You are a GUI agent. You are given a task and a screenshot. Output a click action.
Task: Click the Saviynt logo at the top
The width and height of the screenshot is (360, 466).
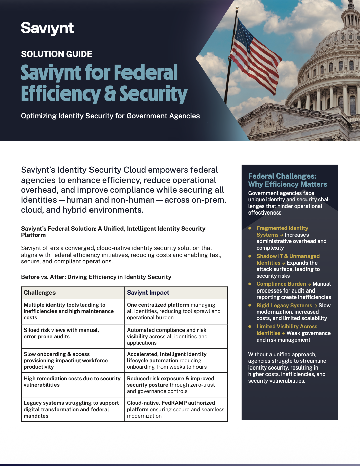point(47,28)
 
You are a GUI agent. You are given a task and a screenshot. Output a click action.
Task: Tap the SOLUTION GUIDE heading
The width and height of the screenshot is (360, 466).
point(57,54)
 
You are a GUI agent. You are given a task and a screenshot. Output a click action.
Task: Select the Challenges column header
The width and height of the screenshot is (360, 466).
point(40,293)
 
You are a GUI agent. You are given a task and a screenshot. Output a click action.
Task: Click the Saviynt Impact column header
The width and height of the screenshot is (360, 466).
point(148,293)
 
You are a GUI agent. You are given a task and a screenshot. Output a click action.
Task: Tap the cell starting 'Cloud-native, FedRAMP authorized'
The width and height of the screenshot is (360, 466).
point(176,409)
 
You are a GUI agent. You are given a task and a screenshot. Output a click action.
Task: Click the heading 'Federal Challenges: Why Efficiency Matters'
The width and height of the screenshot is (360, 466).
point(287,180)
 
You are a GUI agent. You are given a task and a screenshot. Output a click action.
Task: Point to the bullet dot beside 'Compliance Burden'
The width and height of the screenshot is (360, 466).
point(250,284)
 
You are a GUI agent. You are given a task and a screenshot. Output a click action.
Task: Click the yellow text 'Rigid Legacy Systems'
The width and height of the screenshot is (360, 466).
point(284,305)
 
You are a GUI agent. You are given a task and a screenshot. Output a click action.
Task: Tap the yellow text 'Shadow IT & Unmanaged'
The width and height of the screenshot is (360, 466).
point(288,256)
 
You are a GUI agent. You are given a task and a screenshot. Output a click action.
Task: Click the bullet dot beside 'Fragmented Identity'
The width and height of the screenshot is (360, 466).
point(250,228)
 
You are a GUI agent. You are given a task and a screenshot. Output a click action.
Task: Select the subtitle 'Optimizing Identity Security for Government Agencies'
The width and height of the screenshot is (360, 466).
point(110,116)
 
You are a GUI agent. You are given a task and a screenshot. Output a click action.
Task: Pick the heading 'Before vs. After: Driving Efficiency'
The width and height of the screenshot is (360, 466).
point(96,277)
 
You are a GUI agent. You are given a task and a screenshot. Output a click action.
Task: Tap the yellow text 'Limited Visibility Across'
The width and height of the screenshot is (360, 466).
point(287,326)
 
